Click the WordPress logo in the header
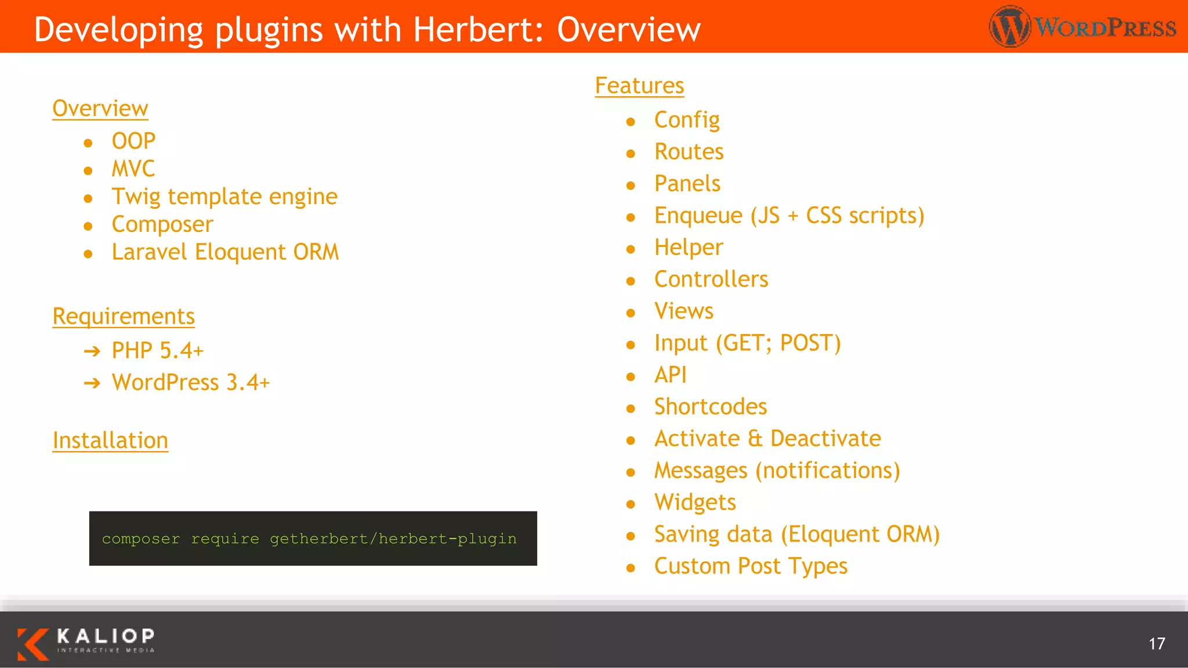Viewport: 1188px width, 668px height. coord(1082,27)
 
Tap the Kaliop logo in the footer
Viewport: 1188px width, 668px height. coord(86,642)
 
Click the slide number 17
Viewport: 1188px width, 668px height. coord(1156,644)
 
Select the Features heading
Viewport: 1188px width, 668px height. coord(639,86)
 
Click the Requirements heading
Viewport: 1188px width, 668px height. coord(124,317)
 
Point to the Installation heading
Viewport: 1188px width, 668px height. coord(110,441)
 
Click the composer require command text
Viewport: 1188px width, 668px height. coord(309,539)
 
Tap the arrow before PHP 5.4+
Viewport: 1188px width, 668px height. coord(92,351)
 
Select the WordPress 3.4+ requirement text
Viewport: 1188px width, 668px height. coord(191,383)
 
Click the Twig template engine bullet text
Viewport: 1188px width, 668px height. coord(224,197)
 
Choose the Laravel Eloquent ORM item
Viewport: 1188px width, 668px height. coord(225,252)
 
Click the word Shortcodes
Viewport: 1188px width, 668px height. coord(711,407)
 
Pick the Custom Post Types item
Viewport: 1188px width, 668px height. coord(751,567)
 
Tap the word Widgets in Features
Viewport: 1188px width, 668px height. coord(695,503)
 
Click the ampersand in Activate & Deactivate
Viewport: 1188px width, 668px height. coord(755,439)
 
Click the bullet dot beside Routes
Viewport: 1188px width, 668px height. coord(631,154)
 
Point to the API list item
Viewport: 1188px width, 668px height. coord(670,375)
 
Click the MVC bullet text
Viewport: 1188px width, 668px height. coord(133,169)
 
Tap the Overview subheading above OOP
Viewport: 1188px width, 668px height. coord(100,109)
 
